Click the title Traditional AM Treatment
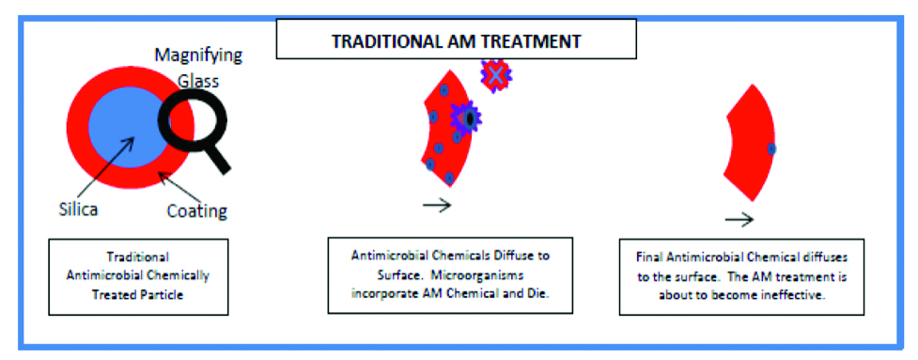point(457,41)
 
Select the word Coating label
point(196,211)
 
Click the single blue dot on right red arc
point(771,149)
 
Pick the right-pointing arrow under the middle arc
point(437,206)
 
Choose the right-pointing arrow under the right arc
point(740,219)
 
